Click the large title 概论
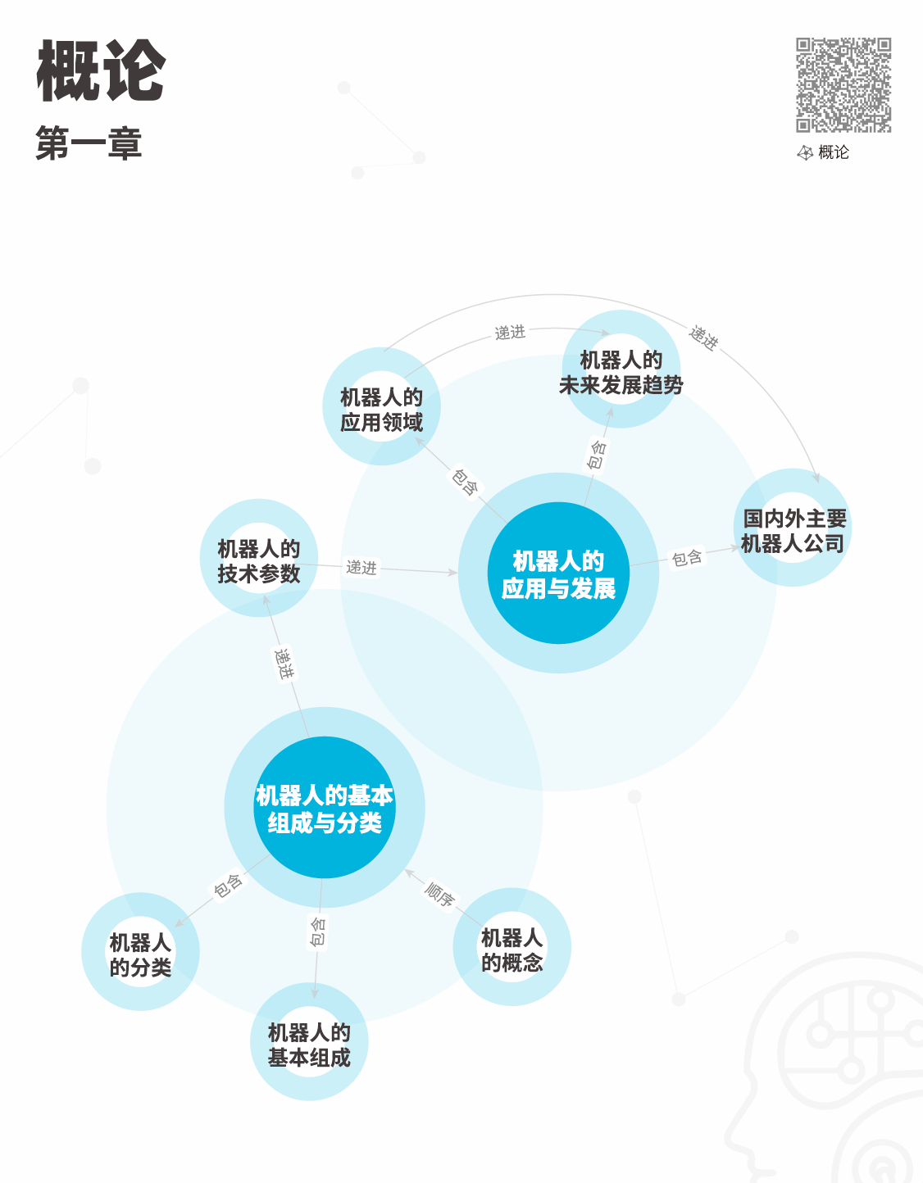click(x=102, y=71)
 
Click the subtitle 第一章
click(x=89, y=143)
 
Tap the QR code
click(x=843, y=84)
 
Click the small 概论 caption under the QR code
click(x=833, y=152)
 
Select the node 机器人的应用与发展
click(x=558, y=573)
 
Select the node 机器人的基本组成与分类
click(x=325, y=808)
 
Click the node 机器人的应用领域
click(x=382, y=407)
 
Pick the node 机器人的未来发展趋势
click(x=621, y=371)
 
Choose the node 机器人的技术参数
click(x=259, y=560)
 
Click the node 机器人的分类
click(x=140, y=953)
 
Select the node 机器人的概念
click(x=512, y=949)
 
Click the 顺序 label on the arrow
click(x=440, y=894)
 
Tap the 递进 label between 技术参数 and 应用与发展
click(x=361, y=567)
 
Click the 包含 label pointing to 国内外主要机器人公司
click(x=687, y=558)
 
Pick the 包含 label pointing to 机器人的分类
click(x=228, y=886)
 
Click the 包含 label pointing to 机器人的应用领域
click(x=465, y=482)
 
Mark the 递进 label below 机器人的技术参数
click(x=284, y=663)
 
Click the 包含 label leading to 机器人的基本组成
click(x=318, y=932)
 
